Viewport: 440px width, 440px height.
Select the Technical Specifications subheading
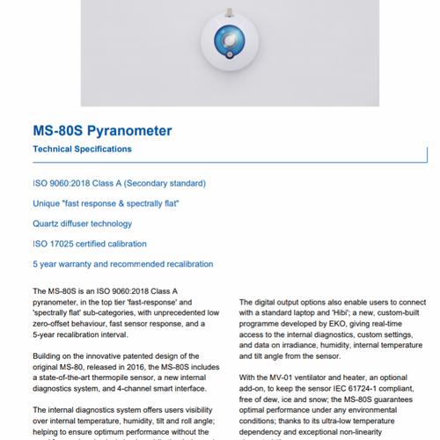click(82, 150)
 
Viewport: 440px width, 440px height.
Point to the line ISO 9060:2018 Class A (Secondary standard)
click(119, 183)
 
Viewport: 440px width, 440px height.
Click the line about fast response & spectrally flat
click(106, 203)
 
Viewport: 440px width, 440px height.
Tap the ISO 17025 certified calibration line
click(90, 244)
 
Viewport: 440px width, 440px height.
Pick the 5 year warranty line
click(122, 264)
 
